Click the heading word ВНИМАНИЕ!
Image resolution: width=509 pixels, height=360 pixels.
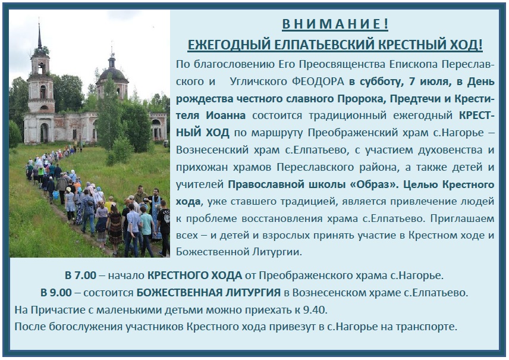[x=335, y=24]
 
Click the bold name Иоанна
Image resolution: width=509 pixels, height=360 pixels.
[x=225, y=115]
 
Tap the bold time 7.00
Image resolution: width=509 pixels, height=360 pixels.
[x=86, y=276]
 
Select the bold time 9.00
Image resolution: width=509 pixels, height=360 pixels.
[x=61, y=293]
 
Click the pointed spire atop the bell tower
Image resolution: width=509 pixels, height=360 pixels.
[x=40, y=36]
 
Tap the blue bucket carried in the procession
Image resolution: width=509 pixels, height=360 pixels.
[x=55, y=195]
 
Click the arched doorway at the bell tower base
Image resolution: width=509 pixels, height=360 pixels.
[x=43, y=133]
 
